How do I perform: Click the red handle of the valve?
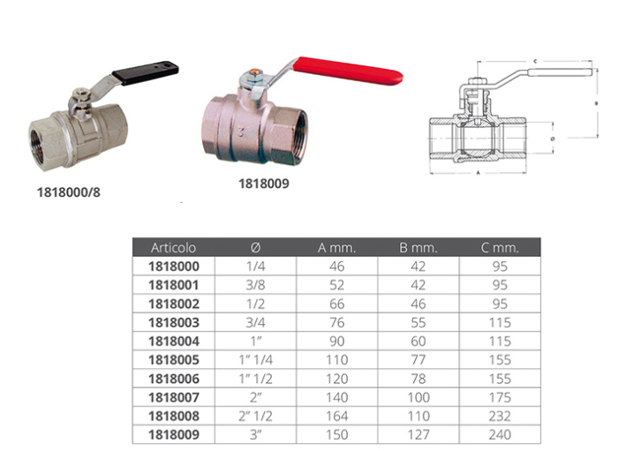348,71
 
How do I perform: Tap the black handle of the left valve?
145,72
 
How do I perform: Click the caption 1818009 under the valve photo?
264,184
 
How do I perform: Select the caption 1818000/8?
69,192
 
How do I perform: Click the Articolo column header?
173,248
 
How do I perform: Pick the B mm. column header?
418,248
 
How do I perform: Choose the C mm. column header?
500,248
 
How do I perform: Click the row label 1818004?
174,341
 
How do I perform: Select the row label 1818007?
174,397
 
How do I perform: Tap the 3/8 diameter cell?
255,285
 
